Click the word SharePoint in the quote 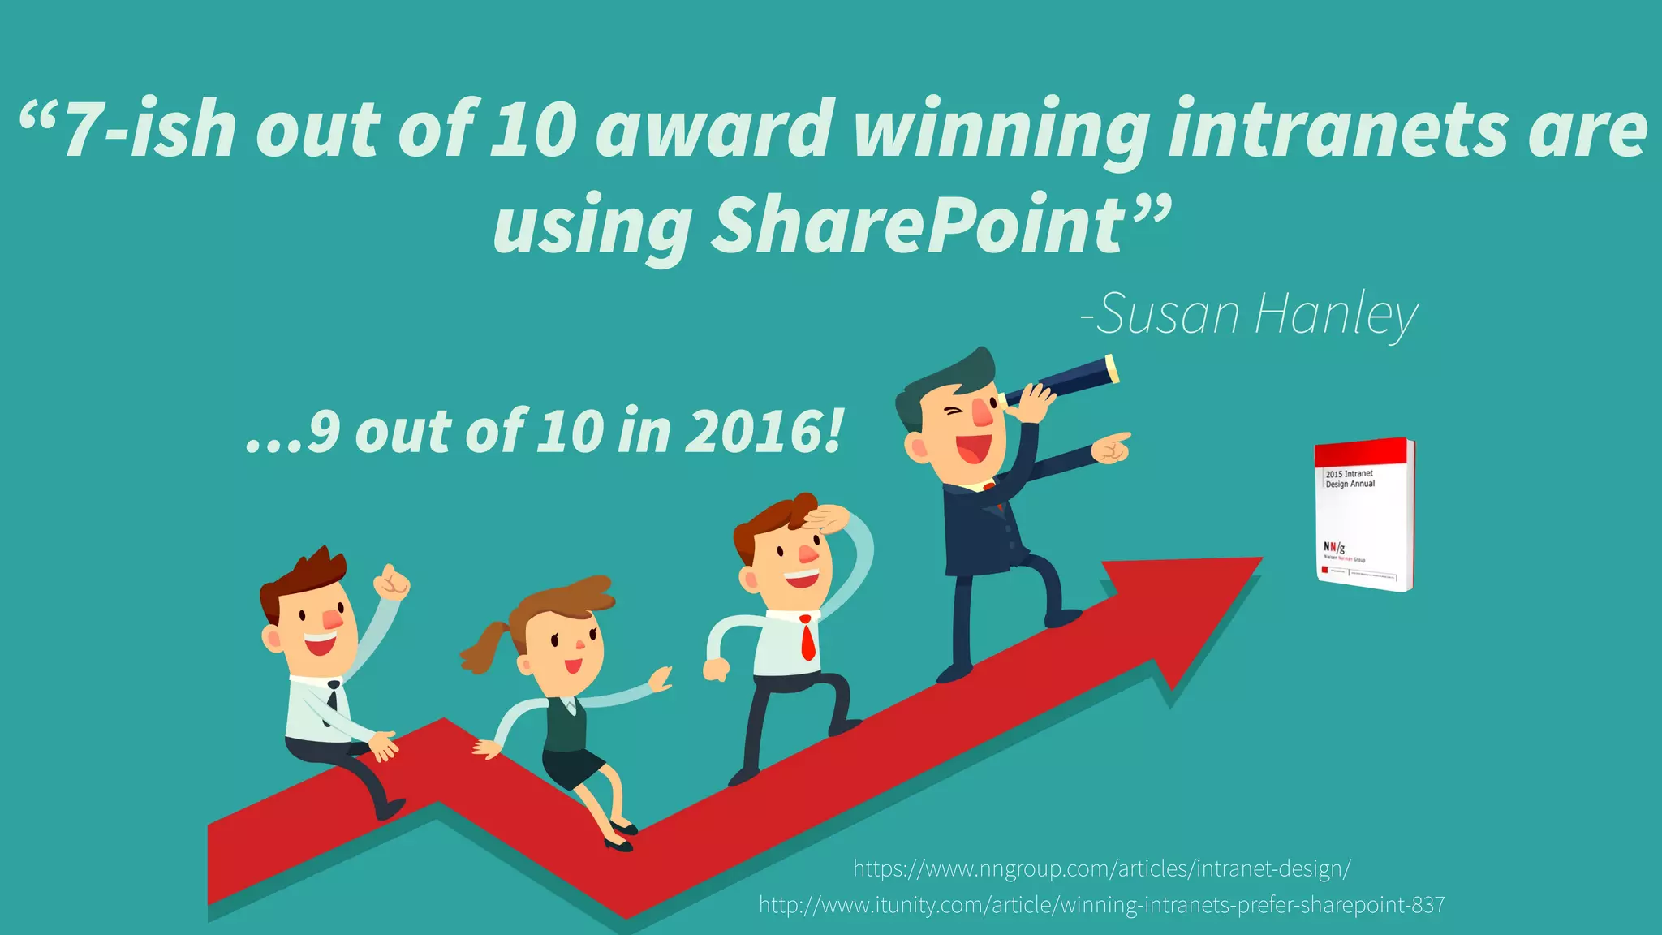[x=919, y=225]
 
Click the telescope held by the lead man [x=1063, y=380]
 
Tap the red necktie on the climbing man [x=807, y=638]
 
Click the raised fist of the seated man [x=394, y=582]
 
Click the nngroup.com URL [x=1101, y=868]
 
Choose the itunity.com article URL [x=1101, y=904]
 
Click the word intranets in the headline [x=1337, y=130]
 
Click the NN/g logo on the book [x=1334, y=548]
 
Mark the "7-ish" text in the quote [x=150, y=130]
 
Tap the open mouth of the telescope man [x=973, y=447]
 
